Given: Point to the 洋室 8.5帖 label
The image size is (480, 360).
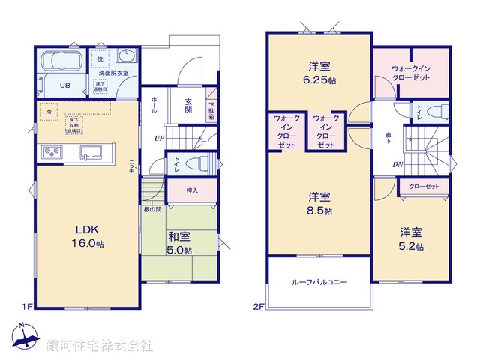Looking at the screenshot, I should click(319, 203).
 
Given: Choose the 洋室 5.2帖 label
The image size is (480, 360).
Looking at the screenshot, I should click(410, 238).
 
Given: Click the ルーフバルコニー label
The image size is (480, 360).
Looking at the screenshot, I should click(319, 283).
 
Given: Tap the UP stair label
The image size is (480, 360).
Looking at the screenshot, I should click(159, 138).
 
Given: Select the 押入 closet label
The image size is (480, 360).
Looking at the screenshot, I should click(192, 190).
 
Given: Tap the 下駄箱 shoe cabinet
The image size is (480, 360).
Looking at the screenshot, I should click(211, 109).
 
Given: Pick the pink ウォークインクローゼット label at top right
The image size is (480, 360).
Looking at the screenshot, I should click(412, 73).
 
